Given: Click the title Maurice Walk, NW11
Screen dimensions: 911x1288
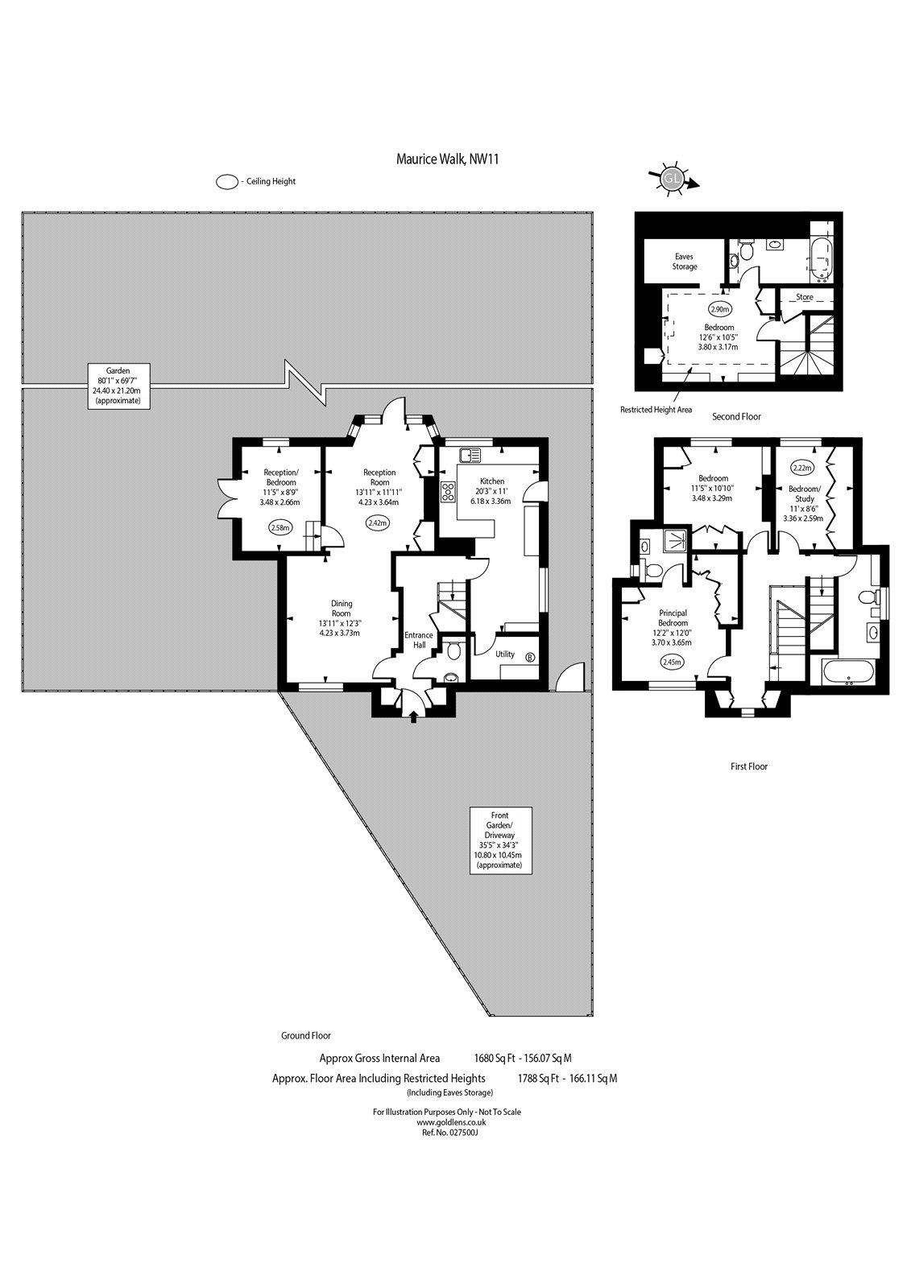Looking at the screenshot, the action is click(x=447, y=159).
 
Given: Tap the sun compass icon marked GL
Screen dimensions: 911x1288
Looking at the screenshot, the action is click(x=672, y=179).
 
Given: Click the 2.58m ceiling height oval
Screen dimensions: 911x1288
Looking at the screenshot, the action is click(x=281, y=527).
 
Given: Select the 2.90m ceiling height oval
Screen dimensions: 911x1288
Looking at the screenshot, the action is click(x=720, y=309).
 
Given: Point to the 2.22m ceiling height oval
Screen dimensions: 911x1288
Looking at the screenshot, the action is click(x=801, y=468).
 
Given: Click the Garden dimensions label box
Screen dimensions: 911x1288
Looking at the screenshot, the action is click(x=118, y=386).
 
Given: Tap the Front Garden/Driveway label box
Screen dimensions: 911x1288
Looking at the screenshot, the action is click(x=499, y=840).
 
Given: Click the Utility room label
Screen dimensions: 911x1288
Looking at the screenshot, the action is click(x=505, y=654).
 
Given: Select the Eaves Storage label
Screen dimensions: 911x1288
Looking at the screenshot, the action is click(x=685, y=262).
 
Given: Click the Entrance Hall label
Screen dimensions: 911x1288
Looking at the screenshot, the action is click(x=419, y=640).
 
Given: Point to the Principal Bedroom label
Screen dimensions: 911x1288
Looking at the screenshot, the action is click(x=673, y=618).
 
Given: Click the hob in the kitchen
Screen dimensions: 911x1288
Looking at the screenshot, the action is click(x=449, y=492).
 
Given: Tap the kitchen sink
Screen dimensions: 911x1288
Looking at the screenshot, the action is click(x=470, y=455).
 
